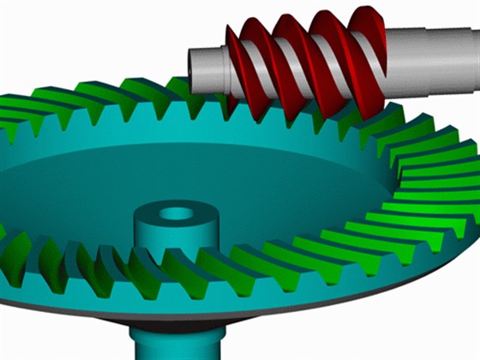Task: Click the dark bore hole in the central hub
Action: point(178,213)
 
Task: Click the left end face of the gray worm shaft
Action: point(195,69)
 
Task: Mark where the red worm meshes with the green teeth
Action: point(291,107)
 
